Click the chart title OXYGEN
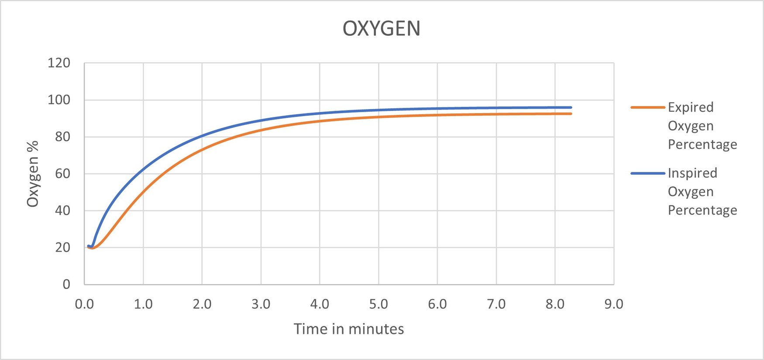coord(381,29)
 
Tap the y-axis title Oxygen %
coord(33,174)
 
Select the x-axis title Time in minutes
coord(348,329)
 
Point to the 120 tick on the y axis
coord(59,63)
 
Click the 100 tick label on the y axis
coord(59,100)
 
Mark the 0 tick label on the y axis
coord(66,285)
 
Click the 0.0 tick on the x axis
coord(84,304)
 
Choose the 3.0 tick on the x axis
coord(261,304)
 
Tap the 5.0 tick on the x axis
coord(379,304)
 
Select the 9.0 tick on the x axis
coord(614,304)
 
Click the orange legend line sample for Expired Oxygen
coord(647,107)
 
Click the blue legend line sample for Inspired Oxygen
coord(647,173)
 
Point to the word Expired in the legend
coord(691,107)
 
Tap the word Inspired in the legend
coord(692,173)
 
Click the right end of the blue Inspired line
coord(571,107)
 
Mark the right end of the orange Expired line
coord(571,114)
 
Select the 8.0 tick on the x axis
coord(555,304)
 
